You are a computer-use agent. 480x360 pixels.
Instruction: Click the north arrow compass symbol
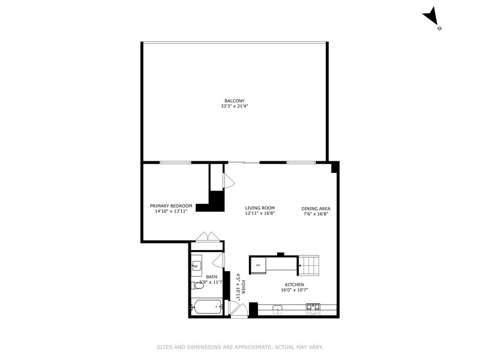click(x=431, y=16)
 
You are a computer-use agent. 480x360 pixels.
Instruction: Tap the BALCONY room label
click(x=234, y=101)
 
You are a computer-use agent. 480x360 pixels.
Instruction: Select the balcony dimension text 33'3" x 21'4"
click(x=234, y=106)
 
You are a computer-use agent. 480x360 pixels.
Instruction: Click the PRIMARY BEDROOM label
click(x=171, y=206)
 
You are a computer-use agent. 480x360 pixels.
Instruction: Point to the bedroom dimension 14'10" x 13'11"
click(x=171, y=211)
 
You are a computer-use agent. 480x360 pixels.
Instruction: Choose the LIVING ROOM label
click(x=260, y=208)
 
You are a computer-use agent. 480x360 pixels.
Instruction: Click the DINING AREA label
click(x=316, y=208)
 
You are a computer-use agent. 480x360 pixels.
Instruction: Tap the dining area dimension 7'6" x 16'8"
click(x=316, y=214)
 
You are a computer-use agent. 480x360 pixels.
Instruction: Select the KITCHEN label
click(x=294, y=285)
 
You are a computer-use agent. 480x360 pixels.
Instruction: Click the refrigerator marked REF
click(x=259, y=265)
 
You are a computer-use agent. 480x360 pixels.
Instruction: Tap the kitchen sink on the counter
click(x=278, y=309)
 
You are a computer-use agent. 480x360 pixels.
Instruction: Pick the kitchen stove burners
click(x=313, y=308)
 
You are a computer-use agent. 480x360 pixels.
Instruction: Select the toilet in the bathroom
click(x=199, y=285)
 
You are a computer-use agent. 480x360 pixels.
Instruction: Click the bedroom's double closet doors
click(x=206, y=238)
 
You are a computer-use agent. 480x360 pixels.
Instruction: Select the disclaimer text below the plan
click(x=240, y=347)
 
